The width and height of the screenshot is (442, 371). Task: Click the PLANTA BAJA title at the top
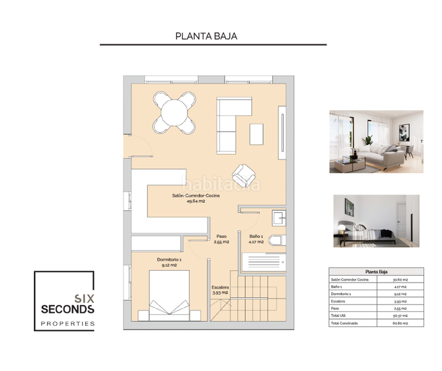206,36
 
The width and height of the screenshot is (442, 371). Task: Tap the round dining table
175,113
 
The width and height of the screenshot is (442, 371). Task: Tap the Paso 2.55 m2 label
222,239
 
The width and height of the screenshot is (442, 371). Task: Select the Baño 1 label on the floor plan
257,239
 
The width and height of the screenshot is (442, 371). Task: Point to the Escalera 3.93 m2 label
220,290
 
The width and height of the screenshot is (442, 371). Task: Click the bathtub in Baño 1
263,262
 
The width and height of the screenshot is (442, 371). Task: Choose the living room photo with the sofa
376,142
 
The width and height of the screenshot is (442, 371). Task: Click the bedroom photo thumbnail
376,221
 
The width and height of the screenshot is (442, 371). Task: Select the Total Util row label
340,315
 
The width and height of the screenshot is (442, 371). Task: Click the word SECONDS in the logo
67,309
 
